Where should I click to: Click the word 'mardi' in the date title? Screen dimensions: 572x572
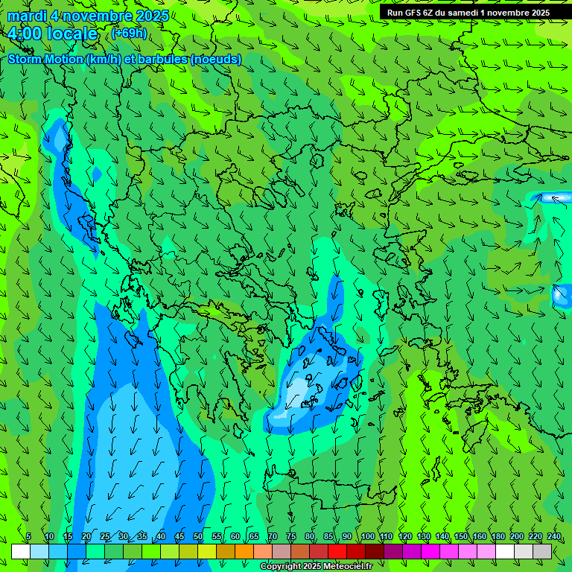(26, 16)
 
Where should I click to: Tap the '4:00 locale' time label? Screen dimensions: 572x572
(52, 34)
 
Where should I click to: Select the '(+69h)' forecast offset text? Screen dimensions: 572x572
(129, 34)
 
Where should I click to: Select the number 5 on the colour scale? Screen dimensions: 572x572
(28, 537)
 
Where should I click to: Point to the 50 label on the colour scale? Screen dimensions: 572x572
(198, 537)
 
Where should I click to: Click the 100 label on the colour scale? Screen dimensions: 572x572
(367, 537)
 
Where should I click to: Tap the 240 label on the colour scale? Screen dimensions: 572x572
(554, 537)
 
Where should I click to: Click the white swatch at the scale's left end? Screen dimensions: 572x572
(21, 551)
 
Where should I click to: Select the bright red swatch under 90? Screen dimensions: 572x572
(337, 551)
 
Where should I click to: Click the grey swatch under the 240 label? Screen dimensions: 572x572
(542, 551)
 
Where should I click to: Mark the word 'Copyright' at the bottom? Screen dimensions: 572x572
(281, 567)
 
